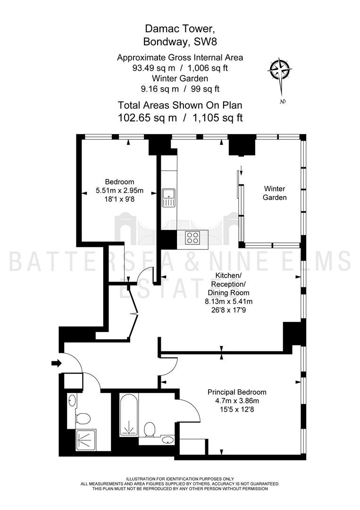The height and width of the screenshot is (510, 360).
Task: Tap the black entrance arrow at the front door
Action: [57, 363]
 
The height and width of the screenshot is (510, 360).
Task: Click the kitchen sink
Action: [168, 198]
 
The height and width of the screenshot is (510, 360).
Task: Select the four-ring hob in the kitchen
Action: [192, 238]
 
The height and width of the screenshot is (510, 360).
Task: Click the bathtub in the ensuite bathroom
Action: [129, 415]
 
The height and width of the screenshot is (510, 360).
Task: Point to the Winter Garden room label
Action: [275, 193]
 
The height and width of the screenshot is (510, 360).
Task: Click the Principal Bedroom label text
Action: [237, 392]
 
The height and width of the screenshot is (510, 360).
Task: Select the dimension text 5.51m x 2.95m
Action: [119, 191]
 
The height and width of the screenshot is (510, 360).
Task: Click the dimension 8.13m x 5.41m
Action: [228, 301]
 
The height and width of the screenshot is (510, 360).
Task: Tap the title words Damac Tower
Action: [180, 29]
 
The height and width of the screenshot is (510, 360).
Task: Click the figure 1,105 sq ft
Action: [218, 118]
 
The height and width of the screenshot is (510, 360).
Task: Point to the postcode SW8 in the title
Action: [205, 42]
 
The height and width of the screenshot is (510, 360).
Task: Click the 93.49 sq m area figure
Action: [154, 68]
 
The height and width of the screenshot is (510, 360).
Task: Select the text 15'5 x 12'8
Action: [237, 409]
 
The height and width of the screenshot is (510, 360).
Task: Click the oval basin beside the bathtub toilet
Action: [167, 441]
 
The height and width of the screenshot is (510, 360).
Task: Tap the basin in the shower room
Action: [72, 400]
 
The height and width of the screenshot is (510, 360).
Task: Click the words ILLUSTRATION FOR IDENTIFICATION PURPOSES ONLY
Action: [180, 479]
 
